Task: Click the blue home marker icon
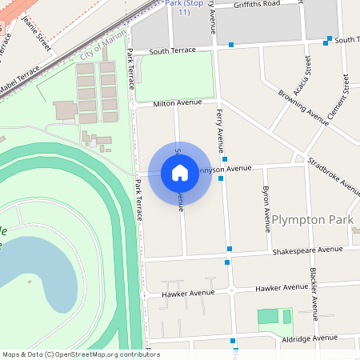(x=180, y=172)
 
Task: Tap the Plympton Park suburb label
(x=311, y=219)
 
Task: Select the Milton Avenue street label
(x=174, y=102)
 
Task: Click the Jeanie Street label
(x=37, y=32)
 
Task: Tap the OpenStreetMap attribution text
(x=80, y=354)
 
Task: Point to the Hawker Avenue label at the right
(x=281, y=287)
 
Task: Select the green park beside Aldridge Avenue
(x=274, y=317)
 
